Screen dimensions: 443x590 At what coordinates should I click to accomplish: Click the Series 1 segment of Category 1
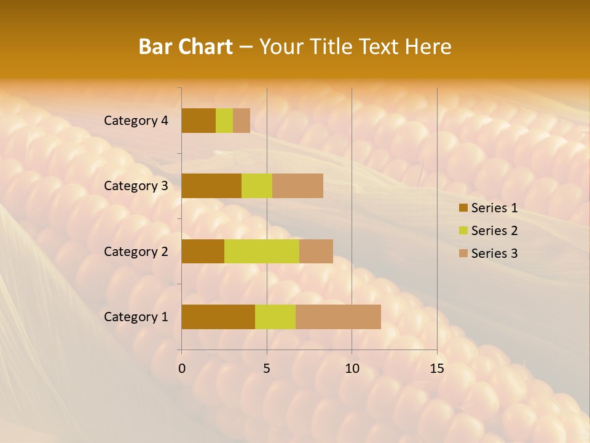coord(218,316)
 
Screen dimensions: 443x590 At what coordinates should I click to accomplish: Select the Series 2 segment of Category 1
coord(275,316)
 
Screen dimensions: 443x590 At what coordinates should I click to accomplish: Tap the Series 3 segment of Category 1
coord(338,316)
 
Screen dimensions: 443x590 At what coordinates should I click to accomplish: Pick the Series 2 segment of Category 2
coord(262,251)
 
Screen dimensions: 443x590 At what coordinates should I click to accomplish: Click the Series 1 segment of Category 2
coord(203,251)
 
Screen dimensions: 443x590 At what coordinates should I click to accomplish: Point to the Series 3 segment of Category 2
coord(316,251)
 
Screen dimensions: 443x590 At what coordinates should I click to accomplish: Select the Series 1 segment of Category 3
coord(211,186)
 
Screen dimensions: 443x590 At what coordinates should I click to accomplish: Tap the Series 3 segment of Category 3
coord(297,186)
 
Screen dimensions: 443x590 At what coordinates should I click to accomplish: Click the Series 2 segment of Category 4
coord(224,121)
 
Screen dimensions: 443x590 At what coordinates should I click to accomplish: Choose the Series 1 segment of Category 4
coord(199,121)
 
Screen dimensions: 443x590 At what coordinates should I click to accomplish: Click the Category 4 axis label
coord(136,121)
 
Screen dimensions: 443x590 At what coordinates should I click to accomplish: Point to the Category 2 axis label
coord(136,251)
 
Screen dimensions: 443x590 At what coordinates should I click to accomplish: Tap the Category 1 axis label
coord(136,317)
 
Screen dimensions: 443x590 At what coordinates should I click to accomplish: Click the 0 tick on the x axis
coord(182,369)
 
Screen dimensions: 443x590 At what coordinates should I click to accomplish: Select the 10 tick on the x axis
coord(352,369)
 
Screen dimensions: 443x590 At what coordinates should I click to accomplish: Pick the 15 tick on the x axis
coord(436,369)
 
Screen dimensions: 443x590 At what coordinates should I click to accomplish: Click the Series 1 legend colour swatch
coord(463,208)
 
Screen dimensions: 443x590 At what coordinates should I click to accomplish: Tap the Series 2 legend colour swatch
coord(463,231)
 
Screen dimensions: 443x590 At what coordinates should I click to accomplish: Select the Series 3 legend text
coord(494,253)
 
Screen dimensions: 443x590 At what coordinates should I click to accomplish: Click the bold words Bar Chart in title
coord(186,47)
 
